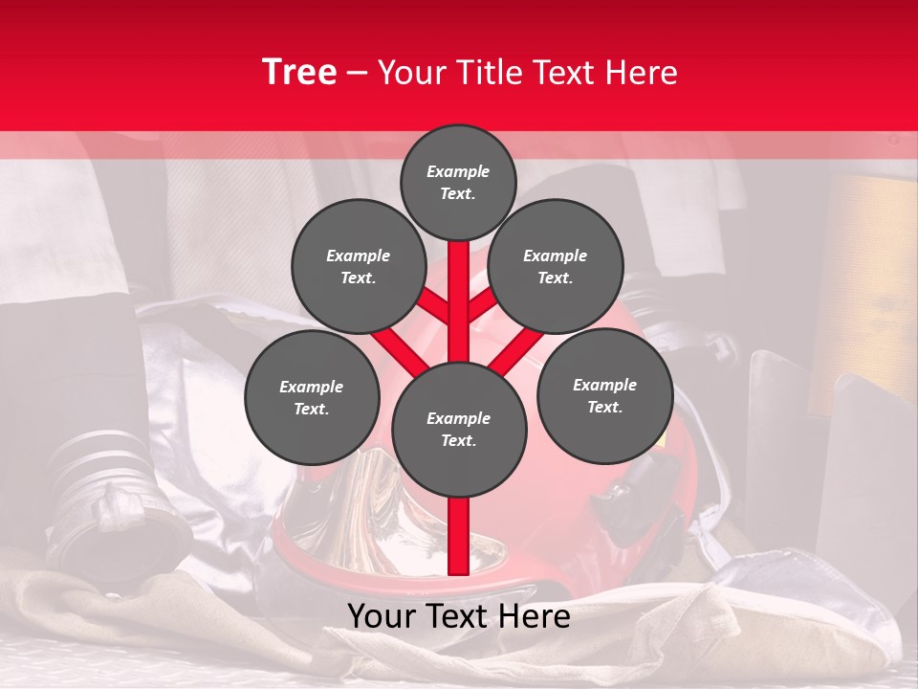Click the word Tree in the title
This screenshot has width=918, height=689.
tap(298, 72)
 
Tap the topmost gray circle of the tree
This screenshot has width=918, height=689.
tap(458, 182)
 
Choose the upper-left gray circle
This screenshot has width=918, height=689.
tap(358, 266)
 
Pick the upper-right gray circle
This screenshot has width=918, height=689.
tap(555, 266)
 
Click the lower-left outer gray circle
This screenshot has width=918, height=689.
tap(311, 397)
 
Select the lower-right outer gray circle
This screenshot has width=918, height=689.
tap(604, 395)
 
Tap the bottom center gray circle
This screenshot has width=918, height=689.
tap(458, 429)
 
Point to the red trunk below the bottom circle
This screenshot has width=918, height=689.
tap(458, 536)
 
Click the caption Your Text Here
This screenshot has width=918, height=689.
tap(458, 616)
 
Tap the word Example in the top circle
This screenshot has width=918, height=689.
tap(458, 171)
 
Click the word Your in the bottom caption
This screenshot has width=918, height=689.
tap(381, 616)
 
